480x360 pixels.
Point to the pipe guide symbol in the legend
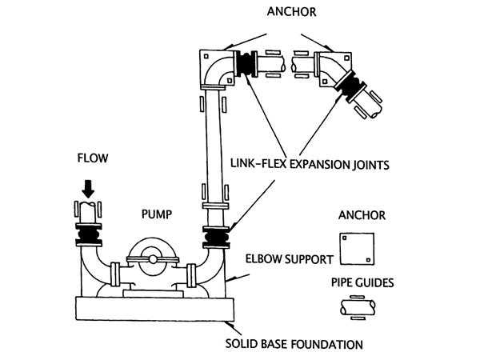357,308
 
